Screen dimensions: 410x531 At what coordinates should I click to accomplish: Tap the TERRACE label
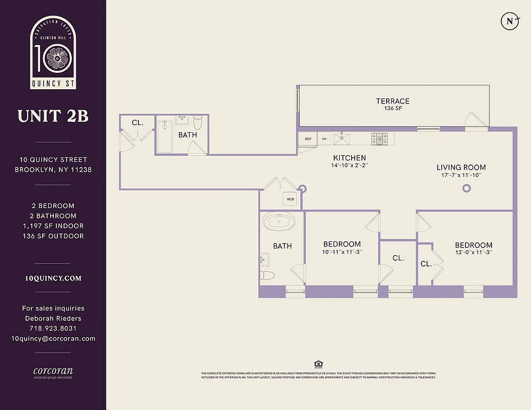tap(393, 101)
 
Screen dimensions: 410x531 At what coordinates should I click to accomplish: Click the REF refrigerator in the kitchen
tap(308, 139)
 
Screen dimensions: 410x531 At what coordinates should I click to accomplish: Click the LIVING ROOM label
tap(461, 168)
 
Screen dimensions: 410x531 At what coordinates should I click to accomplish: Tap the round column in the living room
tap(466, 188)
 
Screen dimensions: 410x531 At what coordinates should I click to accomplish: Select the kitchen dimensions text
tap(350, 166)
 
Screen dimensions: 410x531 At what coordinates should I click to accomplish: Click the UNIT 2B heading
tap(53, 116)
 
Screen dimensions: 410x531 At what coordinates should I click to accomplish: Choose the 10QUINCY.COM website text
tap(53, 278)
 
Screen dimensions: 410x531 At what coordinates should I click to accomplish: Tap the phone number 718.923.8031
tap(53, 329)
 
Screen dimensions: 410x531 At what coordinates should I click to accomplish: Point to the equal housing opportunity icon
tap(318, 364)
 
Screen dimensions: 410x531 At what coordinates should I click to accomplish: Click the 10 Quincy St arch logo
tap(53, 52)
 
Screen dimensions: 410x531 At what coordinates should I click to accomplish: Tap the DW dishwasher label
tap(324, 139)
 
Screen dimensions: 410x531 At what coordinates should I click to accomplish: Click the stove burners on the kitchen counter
tap(380, 138)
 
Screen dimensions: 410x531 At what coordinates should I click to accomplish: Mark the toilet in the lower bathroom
tap(267, 276)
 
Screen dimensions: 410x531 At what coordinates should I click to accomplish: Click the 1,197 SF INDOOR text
tap(53, 226)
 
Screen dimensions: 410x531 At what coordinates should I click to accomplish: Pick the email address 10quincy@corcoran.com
tap(53, 339)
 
